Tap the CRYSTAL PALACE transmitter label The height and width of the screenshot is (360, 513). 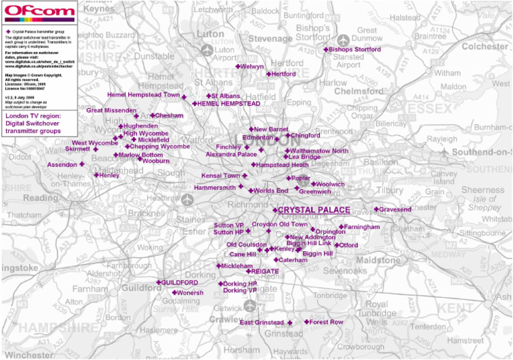pos(313,210)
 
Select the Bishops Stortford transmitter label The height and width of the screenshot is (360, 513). pos(355,49)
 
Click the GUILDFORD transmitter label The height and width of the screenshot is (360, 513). pos(179,283)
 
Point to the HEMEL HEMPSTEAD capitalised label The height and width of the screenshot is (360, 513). pos(228,104)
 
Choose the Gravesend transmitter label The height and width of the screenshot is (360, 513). pos(395,210)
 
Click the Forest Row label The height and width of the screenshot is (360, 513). pos(326,322)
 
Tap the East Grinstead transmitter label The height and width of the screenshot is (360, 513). pos(262,323)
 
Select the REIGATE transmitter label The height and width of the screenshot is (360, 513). pos(265,271)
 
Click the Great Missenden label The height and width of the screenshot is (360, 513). pos(111,110)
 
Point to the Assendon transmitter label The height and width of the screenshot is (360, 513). pos(62,164)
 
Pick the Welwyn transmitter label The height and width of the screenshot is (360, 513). pos(252,67)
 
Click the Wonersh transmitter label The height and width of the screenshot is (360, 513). pos(190,293)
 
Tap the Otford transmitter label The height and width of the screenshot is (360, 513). pos(349,245)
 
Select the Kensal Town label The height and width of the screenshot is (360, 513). pos(220,176)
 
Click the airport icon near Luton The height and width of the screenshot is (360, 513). pos(206,50)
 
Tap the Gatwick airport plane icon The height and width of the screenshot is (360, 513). pos(250,305)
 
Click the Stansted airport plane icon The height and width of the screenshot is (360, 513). pos(344,41)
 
